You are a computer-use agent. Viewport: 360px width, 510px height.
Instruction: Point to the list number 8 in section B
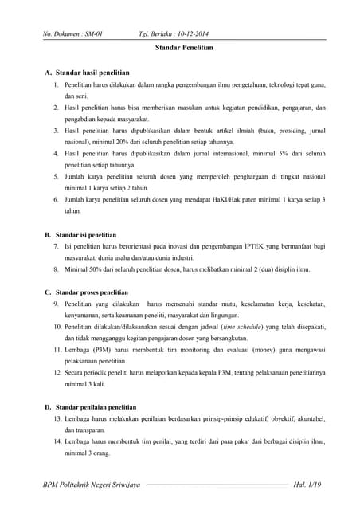pyautogui.click(x=57, y=269)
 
